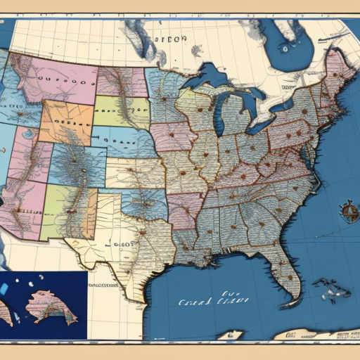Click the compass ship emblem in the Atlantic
coord(348,211)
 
